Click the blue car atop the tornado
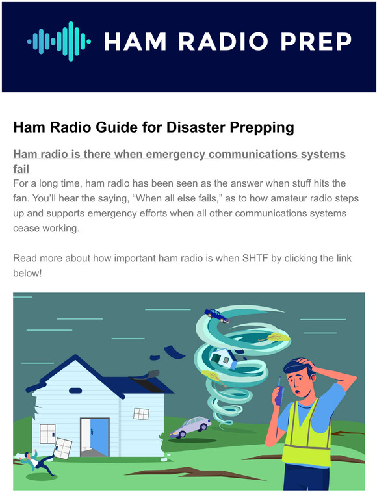pyautogui.click(x=216, y=316)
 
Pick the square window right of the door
pyautogui.click(x=141, y=413)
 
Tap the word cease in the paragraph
pyautogui.click(x=27, y=229)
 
